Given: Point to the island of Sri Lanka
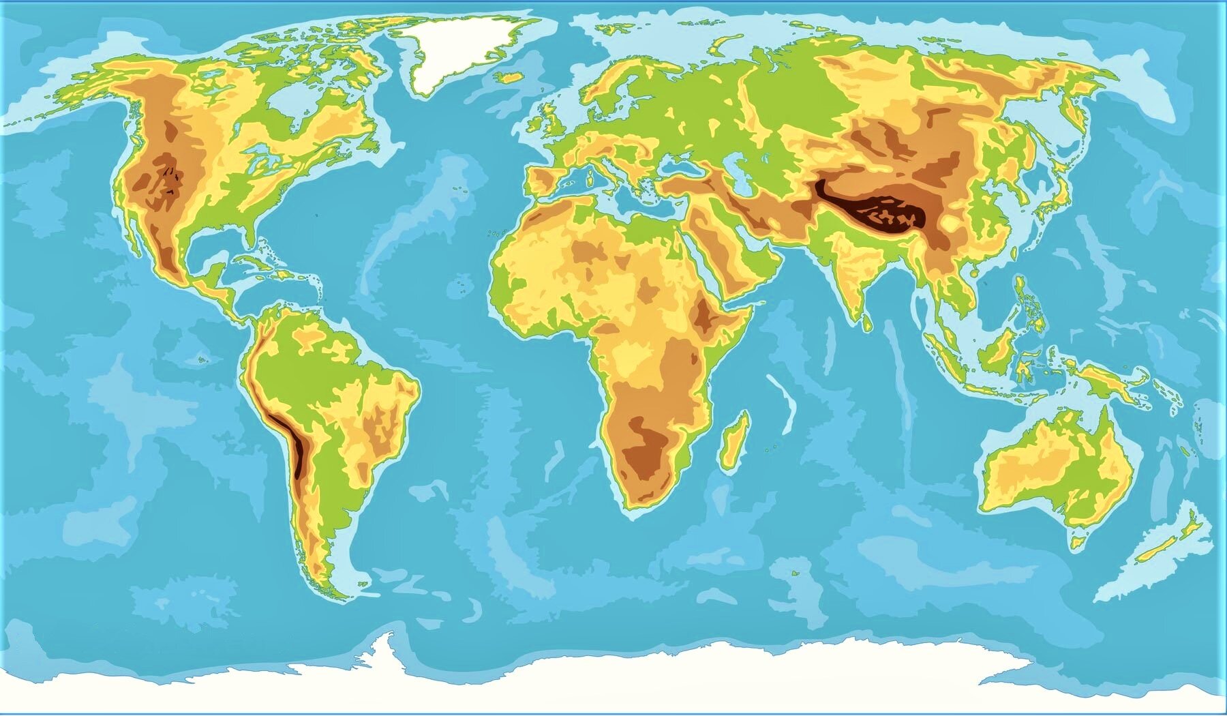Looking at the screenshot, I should pos(866,321).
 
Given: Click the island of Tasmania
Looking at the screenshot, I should pos(1076,543).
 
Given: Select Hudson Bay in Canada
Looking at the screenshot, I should pos(286,109).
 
